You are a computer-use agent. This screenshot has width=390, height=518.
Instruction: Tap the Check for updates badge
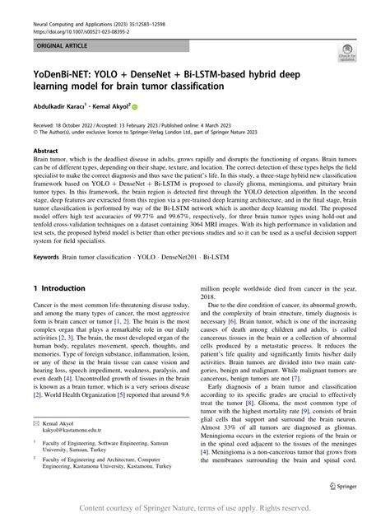(x=345, y=55)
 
